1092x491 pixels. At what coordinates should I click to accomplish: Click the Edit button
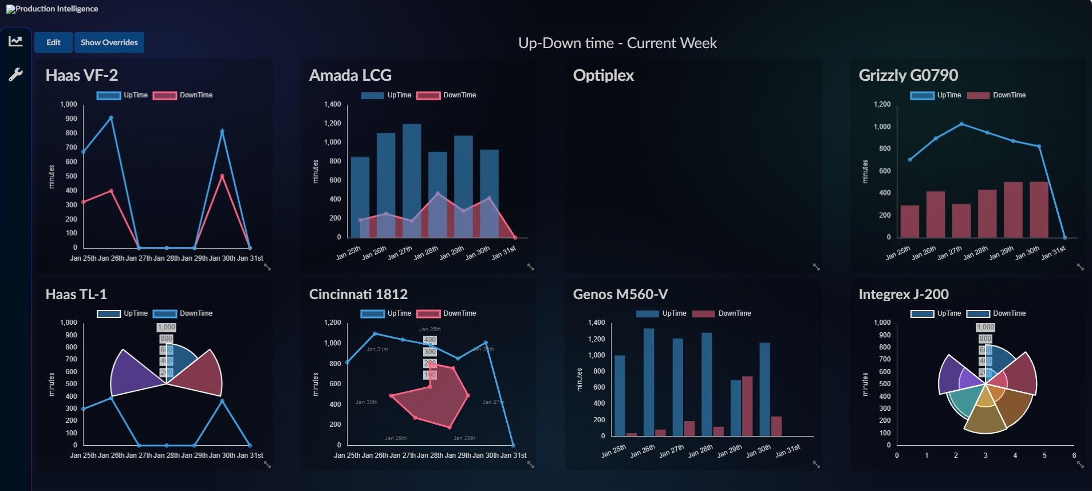(x=53, y=42)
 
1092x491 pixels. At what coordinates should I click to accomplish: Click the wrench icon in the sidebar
(x=15, y=74)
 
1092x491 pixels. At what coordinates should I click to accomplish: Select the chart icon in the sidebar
(x=15, y=41)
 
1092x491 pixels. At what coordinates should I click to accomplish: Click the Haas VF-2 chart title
(x=82, y=75)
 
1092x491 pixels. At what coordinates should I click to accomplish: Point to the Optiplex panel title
(x=603, y=75)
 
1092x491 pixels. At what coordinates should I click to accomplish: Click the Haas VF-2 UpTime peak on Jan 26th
(x=111, y=118)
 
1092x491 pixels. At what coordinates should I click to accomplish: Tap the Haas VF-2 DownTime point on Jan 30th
(x=222, y=176)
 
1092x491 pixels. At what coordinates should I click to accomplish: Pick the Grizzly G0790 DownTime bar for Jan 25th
(x=909, y=221)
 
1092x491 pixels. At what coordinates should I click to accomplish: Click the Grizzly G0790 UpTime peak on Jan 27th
(x=961, y=124)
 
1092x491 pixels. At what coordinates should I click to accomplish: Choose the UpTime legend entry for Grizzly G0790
(x=936, y=95)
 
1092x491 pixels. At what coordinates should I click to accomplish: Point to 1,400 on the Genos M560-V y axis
(x=596, y=323)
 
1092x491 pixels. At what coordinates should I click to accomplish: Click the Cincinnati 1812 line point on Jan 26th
(x=375, y=333)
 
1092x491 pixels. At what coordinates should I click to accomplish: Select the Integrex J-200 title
(x=903, y=294)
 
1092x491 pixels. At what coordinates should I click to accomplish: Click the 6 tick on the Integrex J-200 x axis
(x=1074, y=455)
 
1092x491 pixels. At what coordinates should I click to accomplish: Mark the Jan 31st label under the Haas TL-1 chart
(x=250, y=455)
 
